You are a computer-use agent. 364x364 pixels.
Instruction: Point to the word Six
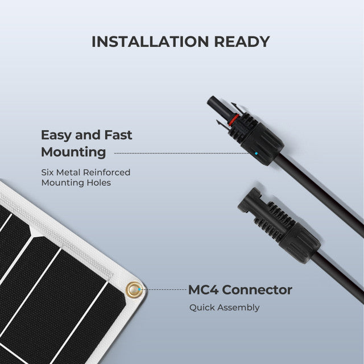point(48,172)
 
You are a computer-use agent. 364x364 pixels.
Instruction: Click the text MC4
point(203,290)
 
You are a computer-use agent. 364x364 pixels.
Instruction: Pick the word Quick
point(201,308)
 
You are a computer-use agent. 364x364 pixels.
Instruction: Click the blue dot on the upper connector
point(257,153)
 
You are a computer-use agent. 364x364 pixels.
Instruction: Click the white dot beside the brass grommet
point(143,289)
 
